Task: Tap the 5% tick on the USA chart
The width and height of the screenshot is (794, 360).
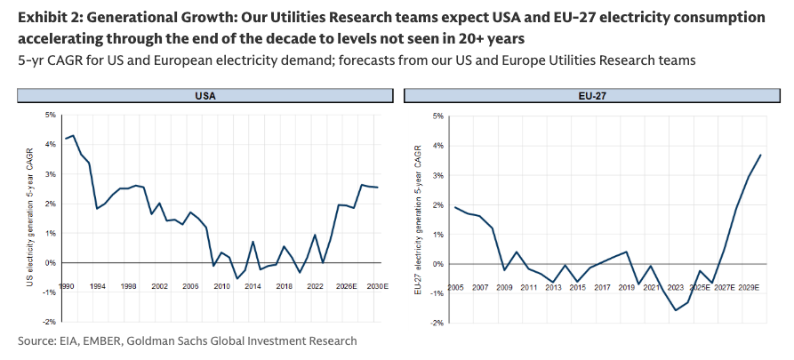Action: [x=51, y=116]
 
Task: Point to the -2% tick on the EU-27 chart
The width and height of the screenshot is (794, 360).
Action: [x=437, y=324]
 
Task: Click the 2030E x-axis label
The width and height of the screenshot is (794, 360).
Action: [x=377, y=287]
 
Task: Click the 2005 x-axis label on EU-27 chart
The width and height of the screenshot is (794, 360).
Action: [x=454, y=288]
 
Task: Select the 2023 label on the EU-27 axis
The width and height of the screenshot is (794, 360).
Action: [x=677, y=288]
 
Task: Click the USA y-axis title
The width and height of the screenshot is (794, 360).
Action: [x=29, y=218]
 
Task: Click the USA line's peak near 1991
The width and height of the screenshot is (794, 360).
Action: [x=73, y=136]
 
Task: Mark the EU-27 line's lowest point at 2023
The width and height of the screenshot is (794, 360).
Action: [x=676, y=310]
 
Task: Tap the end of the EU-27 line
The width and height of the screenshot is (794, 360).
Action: [x=761, y=155]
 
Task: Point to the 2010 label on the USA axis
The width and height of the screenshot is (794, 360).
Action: [x=222, y=287]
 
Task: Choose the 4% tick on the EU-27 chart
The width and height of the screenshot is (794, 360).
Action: [x=437, y=145]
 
